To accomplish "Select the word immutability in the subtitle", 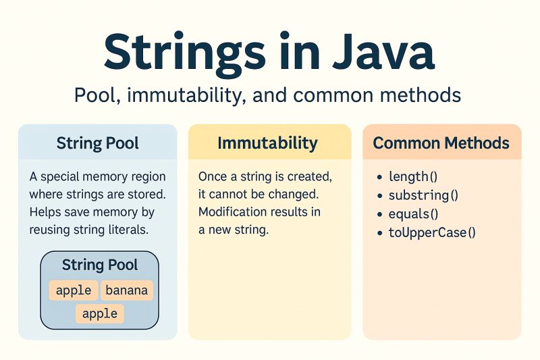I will (x=178, y=95).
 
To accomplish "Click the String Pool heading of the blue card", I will (x=98, y=143).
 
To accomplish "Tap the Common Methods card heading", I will (x=441, y=143).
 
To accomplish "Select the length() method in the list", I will (x=413, y=177).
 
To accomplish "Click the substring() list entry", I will (x=423, y=196).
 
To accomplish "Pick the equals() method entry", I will (x=413, y=215).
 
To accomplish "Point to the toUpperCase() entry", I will (x=432, y=234).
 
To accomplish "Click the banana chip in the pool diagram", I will (x=128, y=290).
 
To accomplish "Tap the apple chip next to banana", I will (x=74, y=290).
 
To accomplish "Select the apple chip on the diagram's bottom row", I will (x=100, y=313).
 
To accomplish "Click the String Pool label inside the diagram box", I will (x=100, y=265).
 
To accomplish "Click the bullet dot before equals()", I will (x=379, y=215).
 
